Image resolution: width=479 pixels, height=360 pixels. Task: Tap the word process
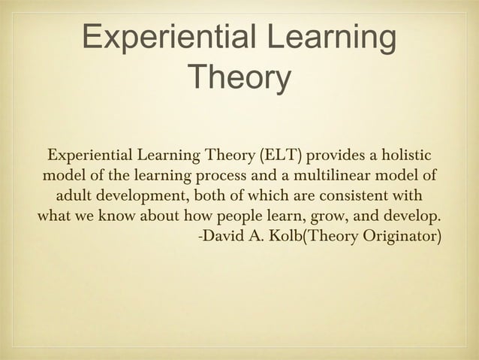point(225,177)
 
